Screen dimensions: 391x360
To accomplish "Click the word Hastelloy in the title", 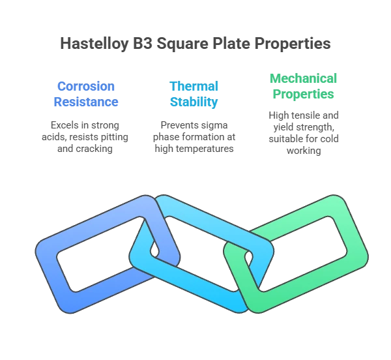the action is click(94, 44).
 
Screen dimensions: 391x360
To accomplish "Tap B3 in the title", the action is click(142, 44).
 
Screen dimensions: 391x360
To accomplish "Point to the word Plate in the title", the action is click(231, 44).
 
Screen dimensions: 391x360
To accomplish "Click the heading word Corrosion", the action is click(86, 86).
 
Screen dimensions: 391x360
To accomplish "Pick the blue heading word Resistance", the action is click(86, 102).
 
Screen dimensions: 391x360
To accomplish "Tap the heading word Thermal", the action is click(194, 86).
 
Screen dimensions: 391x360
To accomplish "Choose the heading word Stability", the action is click(194, 102).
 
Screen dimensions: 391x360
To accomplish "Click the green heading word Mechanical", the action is click(303, 78).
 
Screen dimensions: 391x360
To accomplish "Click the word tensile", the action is click(306, 115).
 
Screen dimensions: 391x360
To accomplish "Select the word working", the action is click(304, 151).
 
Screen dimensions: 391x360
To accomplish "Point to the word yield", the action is click(282, 127).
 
